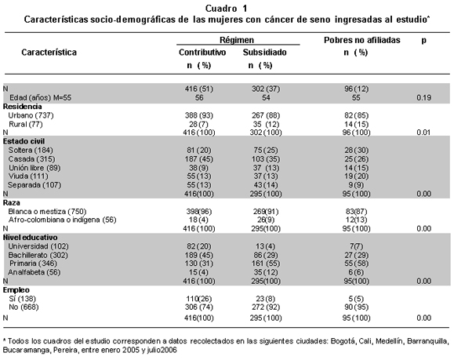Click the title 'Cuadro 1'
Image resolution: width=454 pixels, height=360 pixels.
coord(226,9)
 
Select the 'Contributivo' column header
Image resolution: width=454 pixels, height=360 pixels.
coord(202,53)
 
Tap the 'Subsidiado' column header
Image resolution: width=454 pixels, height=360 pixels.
coord(265,53)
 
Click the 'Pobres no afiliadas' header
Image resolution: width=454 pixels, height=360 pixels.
coord(362,40)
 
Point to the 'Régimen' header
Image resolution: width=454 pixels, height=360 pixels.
coord(237,40)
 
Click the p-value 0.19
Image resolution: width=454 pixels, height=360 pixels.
coord(424,97)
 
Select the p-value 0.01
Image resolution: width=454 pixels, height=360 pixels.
coord(424,133)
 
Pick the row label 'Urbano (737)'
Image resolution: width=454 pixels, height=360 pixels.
coord(31,115)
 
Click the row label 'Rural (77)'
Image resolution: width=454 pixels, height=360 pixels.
coord(26,124)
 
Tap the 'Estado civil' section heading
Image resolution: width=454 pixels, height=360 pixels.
coord(24,141)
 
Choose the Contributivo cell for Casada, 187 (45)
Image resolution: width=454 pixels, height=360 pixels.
coord(199,159)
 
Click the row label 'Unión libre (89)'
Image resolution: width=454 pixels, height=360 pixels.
coord(35,168)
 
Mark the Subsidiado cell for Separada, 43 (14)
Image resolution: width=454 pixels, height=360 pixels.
coord(265,185)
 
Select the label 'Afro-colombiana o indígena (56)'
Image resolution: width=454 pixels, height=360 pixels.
coord(62,220)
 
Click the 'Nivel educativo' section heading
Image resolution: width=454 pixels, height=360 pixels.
coord(30,238)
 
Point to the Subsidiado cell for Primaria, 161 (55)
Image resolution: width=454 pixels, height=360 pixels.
coord(266,264)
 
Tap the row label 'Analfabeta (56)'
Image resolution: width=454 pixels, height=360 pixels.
coord(35,272)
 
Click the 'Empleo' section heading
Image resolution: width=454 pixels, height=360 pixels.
coord(16,290)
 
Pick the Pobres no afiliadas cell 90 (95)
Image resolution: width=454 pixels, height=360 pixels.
coord(356,307)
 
